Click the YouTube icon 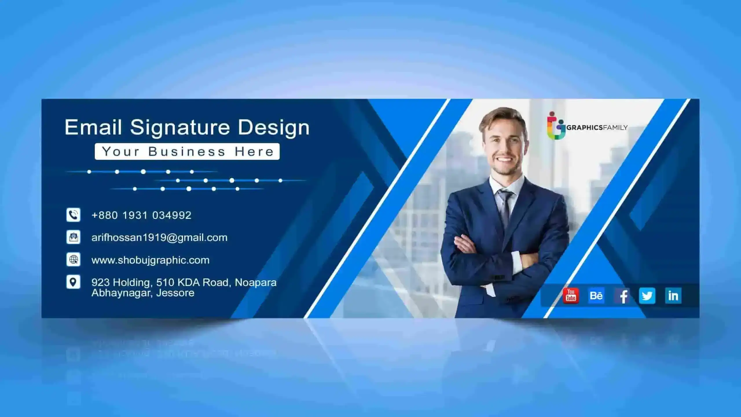[571, 296]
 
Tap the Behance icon [596, 296]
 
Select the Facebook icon [622, 296]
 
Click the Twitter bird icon [647, 296]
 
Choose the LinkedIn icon [673, 296]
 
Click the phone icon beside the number [73, 215]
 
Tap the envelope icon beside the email [73, 237]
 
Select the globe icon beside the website [73, 259]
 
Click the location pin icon [73, 282]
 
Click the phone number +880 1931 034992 [141, 215]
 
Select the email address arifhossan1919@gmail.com [159, 238]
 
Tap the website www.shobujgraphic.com [151, 260]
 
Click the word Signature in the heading [180, 127]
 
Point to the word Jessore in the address [175, 293]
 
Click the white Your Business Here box [187, 151]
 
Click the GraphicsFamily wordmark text [597, 127]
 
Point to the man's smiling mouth [504, 160]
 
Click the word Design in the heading [274, 127]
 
